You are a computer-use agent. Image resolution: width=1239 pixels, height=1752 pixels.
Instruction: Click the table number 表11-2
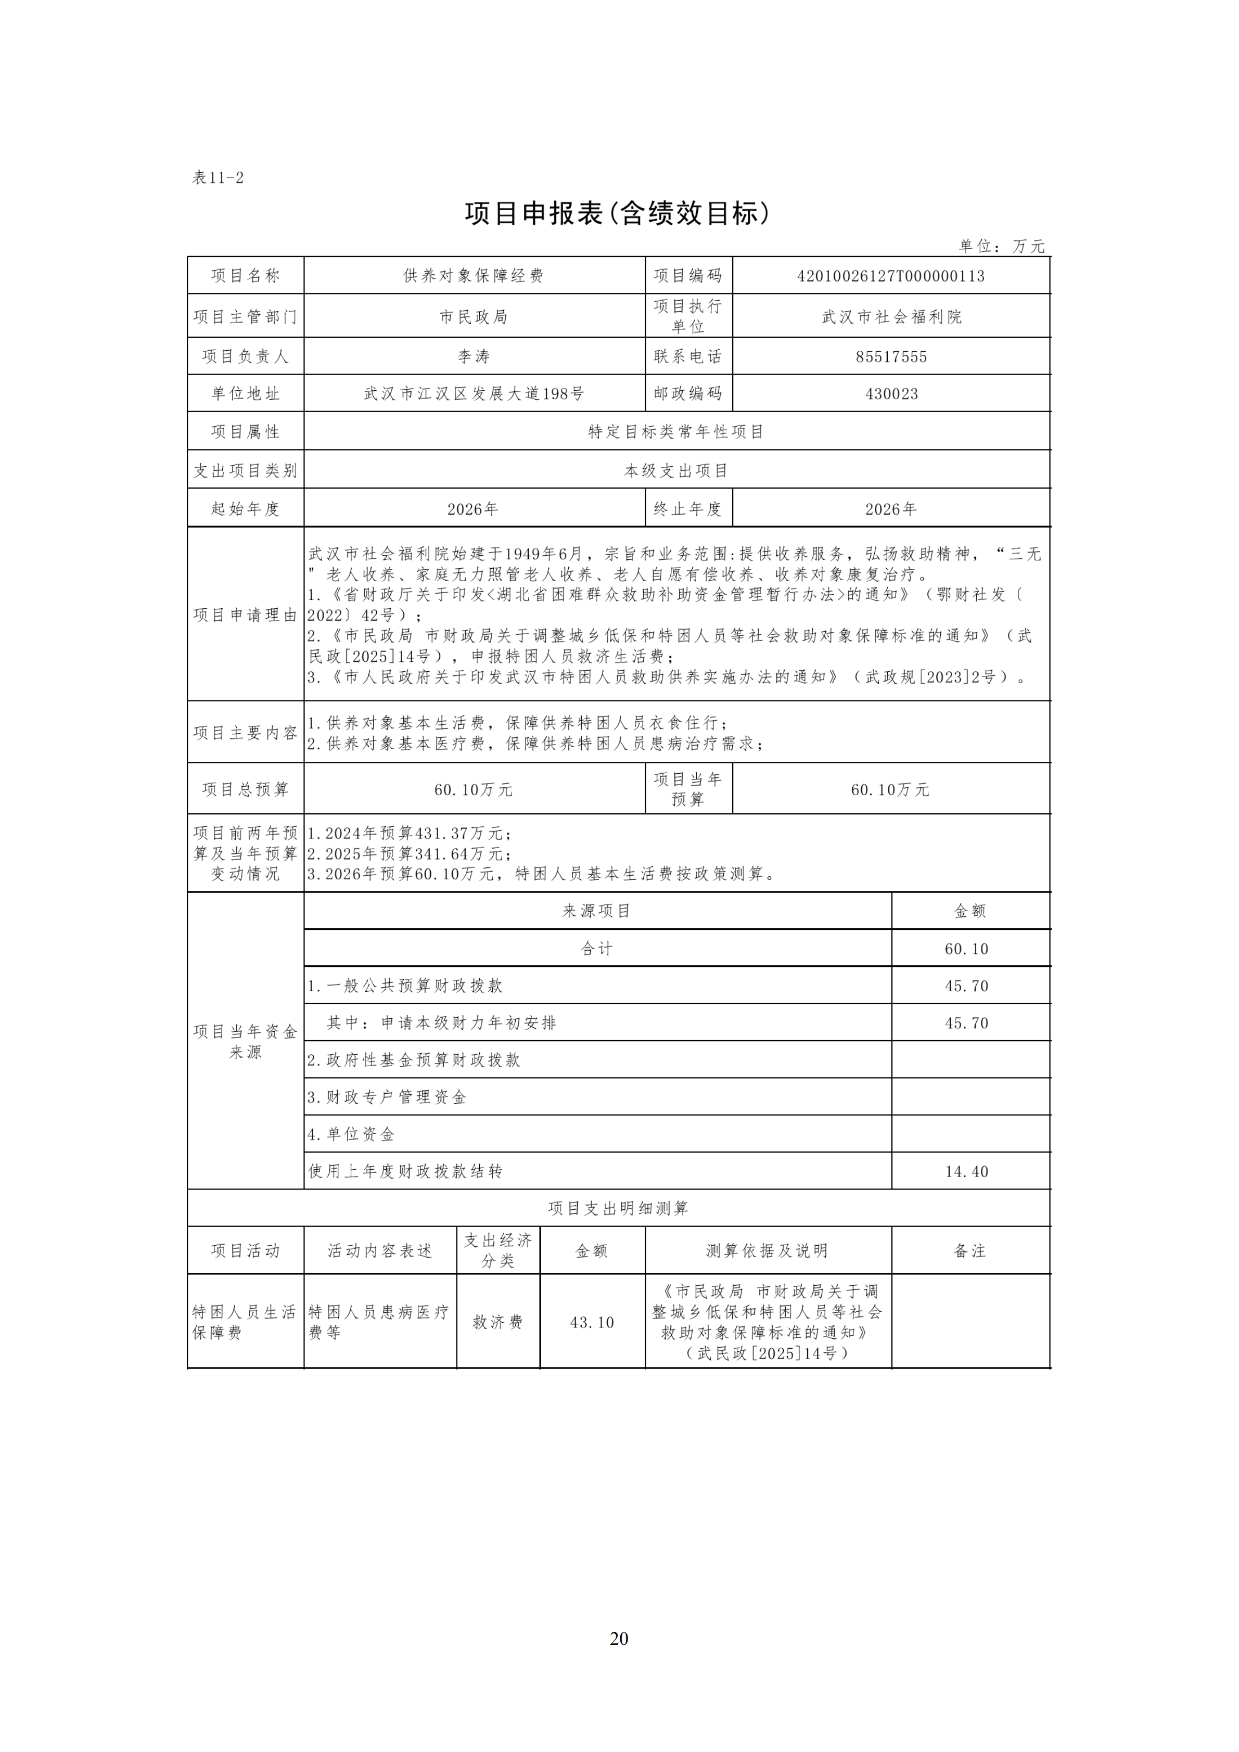(x=218, y=178)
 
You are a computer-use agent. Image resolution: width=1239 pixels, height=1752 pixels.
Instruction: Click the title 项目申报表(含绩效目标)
(x=618, y=214)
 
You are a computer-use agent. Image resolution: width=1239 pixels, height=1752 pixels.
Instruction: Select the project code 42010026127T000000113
(x=890, y=276)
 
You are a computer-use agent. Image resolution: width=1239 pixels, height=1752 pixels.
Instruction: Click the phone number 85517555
(x=890, y=357)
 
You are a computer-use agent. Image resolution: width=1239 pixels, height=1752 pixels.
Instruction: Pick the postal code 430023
(x=890, y=394)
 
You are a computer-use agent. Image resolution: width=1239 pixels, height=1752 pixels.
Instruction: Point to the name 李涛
(x=473, y=357)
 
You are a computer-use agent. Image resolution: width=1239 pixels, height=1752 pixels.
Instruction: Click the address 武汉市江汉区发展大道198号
(x=473, y=394)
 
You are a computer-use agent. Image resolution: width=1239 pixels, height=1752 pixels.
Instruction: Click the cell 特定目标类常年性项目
(x=676, y=432)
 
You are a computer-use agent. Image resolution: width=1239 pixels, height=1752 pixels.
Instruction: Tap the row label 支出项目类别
(x=245, y=471)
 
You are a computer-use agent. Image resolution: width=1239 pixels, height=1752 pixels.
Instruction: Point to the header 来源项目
(x=597, y=911)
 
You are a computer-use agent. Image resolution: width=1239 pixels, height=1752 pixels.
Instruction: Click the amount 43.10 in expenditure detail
(x=592, y=1322)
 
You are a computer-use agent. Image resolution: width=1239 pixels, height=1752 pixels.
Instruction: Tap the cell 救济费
(x=497, y=1322)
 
